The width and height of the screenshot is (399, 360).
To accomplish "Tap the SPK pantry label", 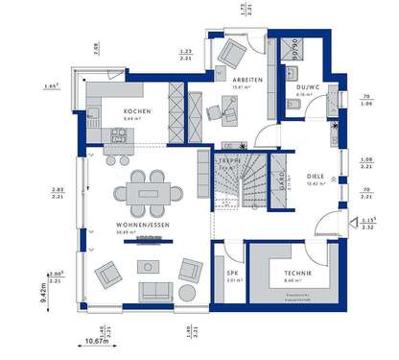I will [x=232, y=273].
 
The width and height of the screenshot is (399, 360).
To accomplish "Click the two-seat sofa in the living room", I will [x=152, y=290].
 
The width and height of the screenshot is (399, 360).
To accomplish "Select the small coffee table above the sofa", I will [x=149, y=264].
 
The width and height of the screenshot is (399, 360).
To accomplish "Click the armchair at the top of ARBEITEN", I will [x=233, y=52].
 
